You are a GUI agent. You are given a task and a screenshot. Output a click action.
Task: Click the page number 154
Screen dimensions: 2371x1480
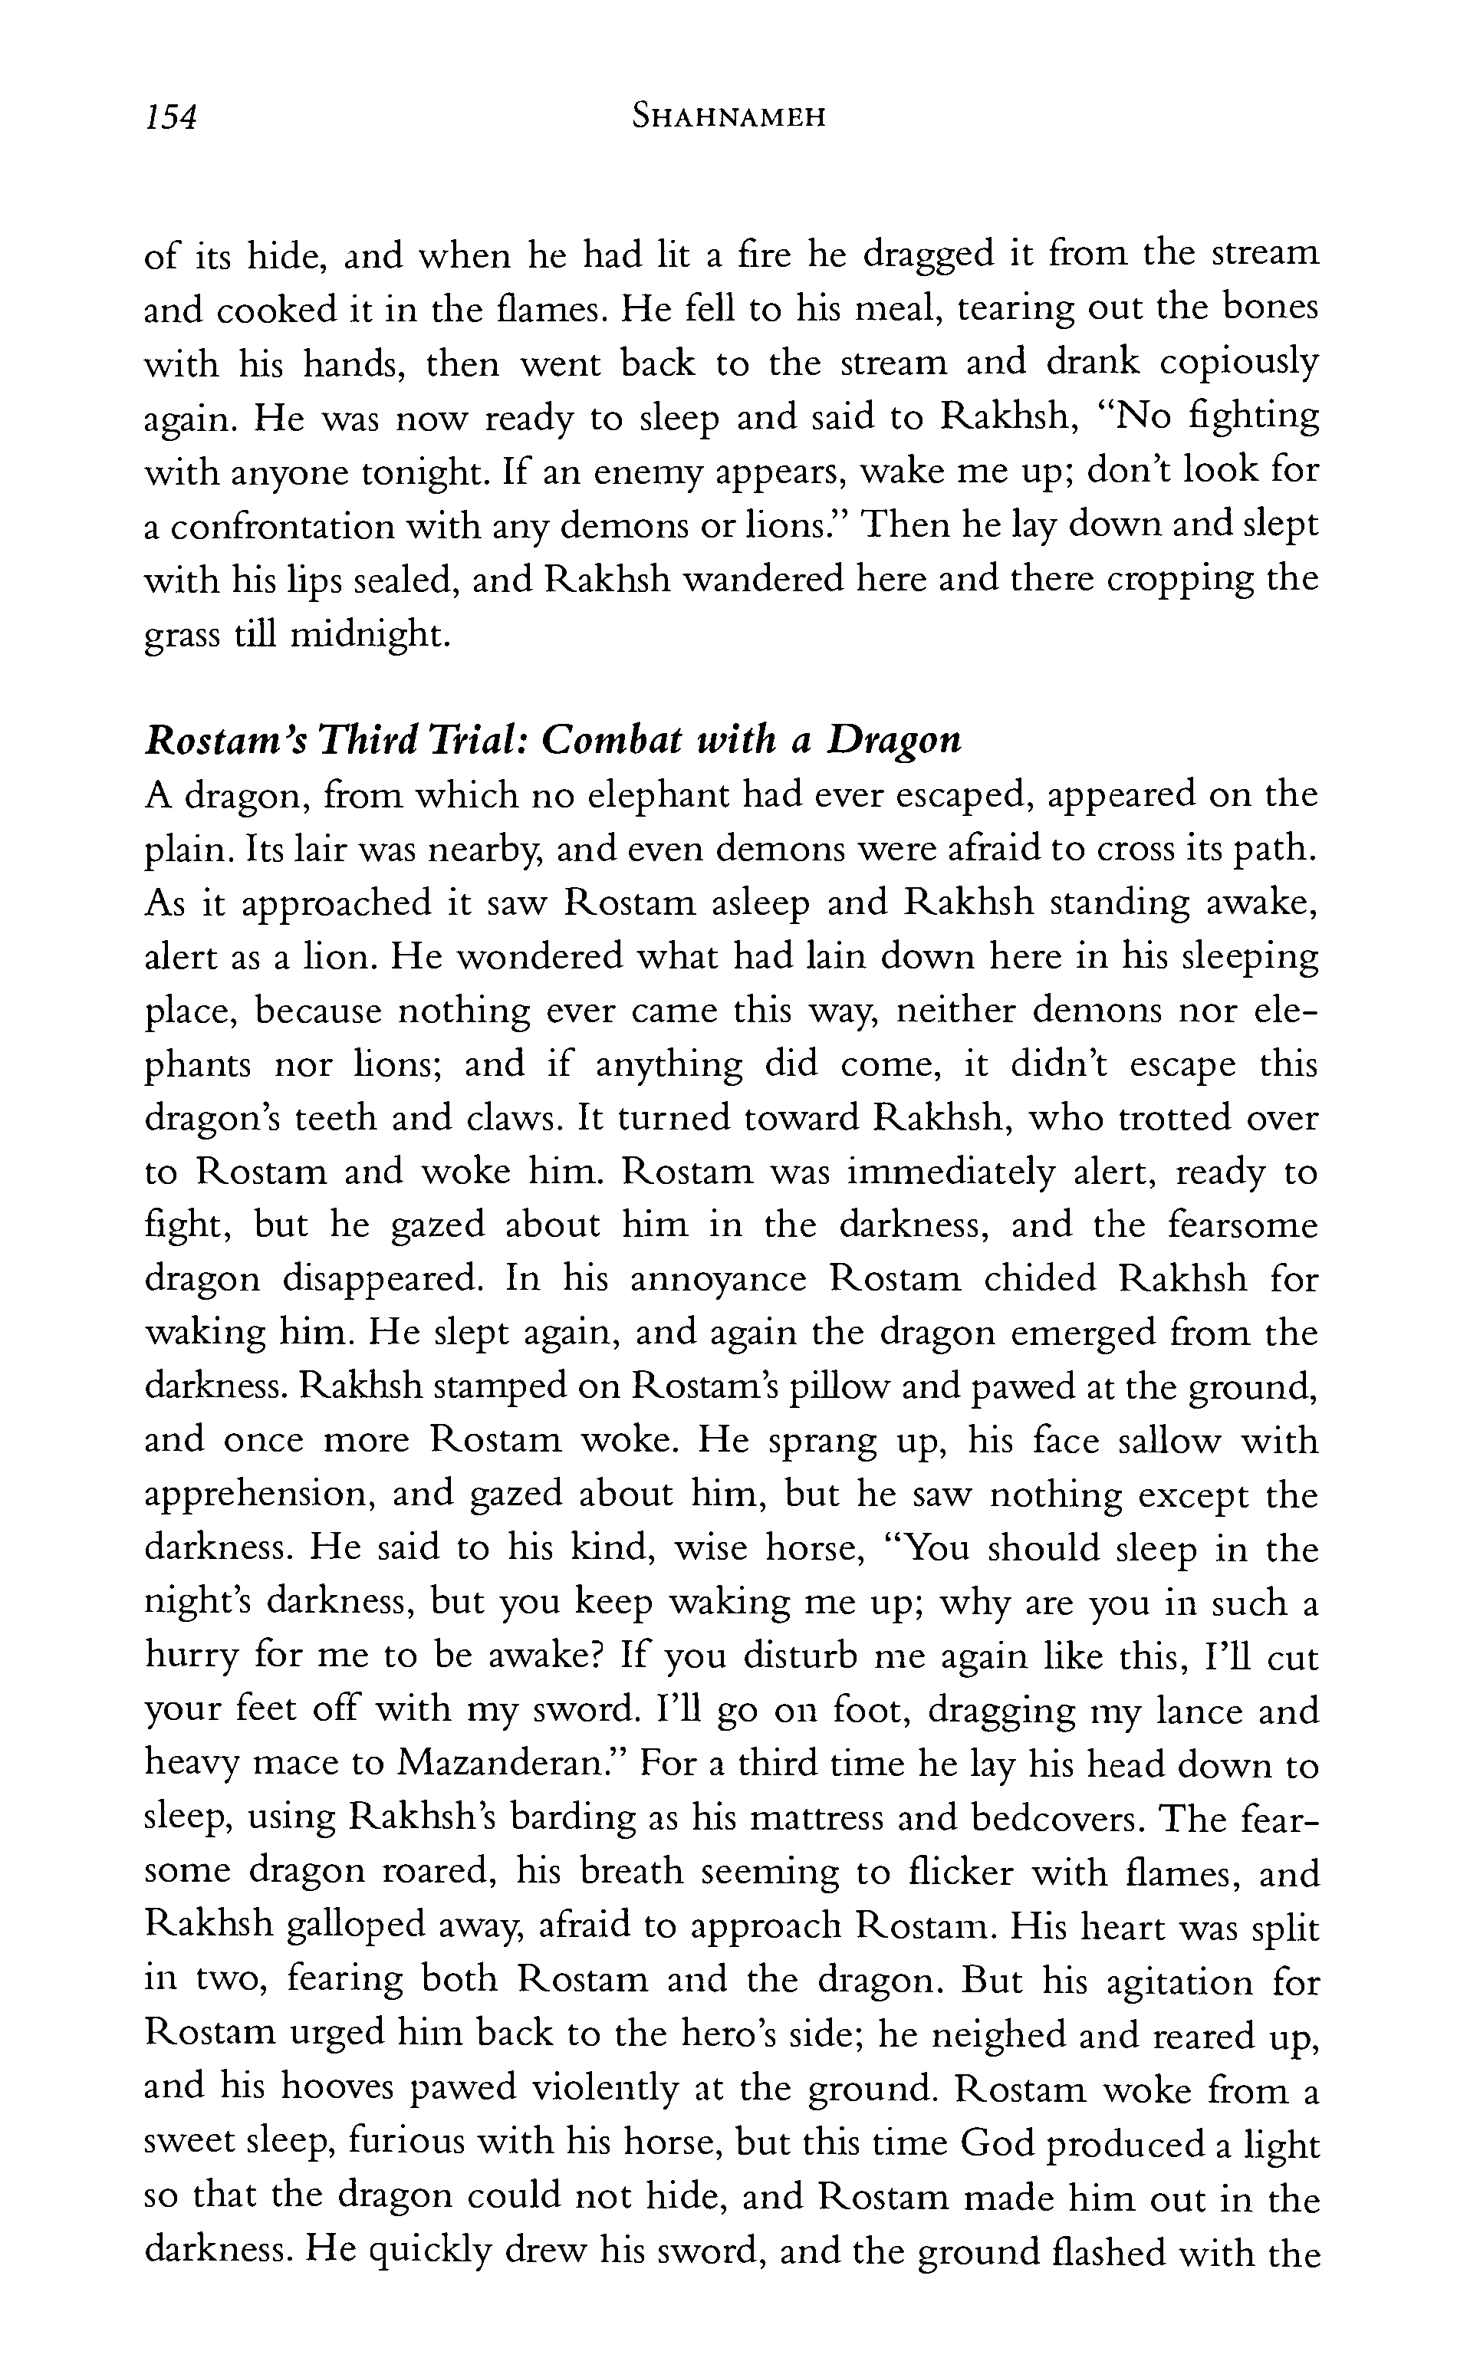tap(171, 117)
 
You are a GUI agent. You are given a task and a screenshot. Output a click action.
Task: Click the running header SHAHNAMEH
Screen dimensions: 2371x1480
tap(728, 117)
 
